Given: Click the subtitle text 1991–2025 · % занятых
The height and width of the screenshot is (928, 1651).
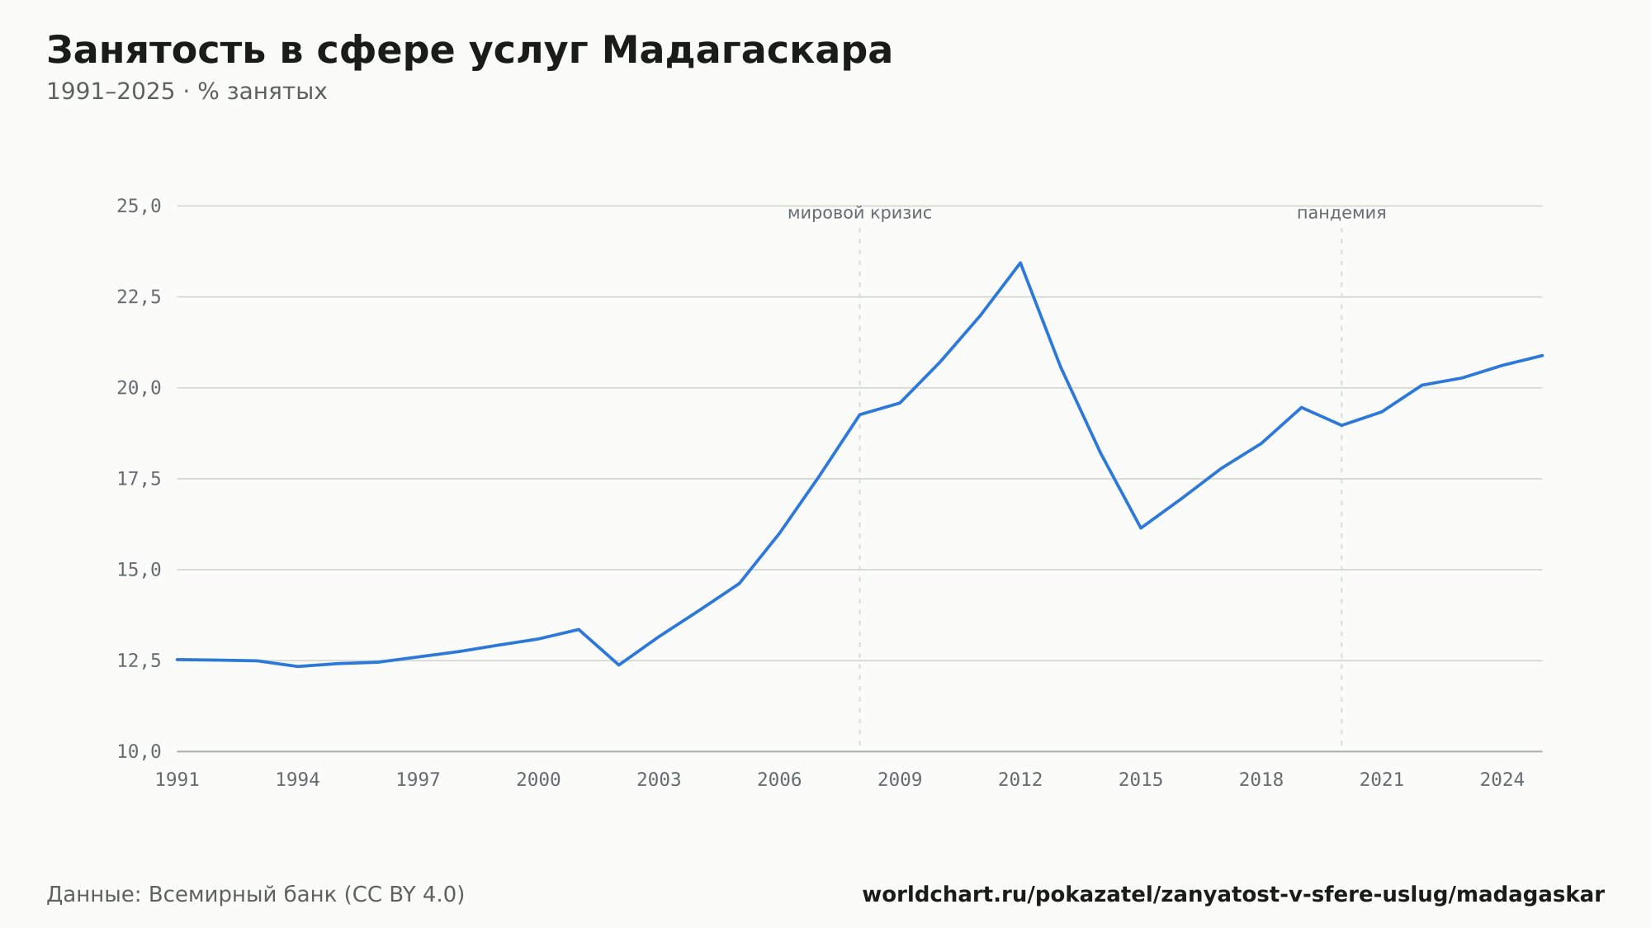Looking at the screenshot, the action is point(187,92).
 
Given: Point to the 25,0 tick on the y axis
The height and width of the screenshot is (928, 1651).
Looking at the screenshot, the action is point(139,206).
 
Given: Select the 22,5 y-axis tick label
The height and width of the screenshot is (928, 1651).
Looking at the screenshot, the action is point(139,297).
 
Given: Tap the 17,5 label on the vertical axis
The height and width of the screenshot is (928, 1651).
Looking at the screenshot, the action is point(139,479).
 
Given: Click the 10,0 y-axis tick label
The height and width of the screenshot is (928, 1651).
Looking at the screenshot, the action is point(139,751).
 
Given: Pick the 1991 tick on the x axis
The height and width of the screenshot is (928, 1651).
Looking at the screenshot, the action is point(177,780).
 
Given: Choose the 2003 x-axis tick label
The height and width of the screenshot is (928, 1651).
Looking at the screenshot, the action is point(659,780).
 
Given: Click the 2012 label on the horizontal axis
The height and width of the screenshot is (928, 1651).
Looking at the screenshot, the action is point(1020,780).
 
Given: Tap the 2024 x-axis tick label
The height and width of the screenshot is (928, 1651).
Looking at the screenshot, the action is point(1502,780).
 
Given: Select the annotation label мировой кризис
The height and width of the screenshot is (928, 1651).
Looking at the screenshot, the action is point(859,213).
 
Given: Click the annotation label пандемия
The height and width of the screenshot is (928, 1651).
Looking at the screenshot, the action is point(1341,213).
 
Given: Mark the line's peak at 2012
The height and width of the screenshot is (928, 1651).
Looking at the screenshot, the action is point(1020,263).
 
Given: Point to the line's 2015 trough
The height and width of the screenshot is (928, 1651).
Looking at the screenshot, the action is point(1141,528).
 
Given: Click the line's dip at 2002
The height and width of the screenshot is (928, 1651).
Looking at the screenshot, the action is point(619,665).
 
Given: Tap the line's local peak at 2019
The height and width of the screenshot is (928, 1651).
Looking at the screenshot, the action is point(1301,407).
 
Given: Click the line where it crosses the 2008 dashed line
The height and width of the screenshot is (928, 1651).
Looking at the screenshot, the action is point(859,414).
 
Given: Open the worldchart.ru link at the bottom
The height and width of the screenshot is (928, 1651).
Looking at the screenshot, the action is point(1233,895).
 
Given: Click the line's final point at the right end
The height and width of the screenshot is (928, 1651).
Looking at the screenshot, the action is point(1542,355).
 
